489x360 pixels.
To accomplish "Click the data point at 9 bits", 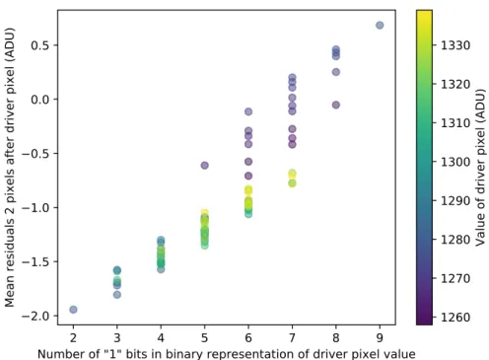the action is tap(380, 26).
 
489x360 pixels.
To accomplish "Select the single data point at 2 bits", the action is tap(73, 310).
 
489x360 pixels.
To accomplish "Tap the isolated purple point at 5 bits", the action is tap(204, 166).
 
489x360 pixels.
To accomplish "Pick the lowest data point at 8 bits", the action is tap(336, 105).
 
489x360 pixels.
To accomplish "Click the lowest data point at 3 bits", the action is tap(117, 295).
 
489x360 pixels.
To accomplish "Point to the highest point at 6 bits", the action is tap(248, 111).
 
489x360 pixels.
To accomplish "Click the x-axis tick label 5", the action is tap(204, 337).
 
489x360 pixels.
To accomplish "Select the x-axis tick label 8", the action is tap(336, 337).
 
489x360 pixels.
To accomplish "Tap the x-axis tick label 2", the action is tap(73, 337).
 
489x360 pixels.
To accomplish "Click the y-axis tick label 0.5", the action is tap(39, 45).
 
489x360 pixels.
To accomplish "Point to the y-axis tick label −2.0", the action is tap(35, 316).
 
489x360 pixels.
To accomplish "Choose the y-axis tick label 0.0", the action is tap(39, 100).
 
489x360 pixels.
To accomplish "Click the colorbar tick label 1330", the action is tap(455, 45).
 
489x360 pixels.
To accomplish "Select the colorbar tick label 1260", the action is tap(455, 318).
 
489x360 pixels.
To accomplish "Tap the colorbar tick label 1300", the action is tap(455, 162).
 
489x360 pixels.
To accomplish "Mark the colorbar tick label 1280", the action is tap(455, 240).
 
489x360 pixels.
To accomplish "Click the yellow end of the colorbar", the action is tap(424, 11).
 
